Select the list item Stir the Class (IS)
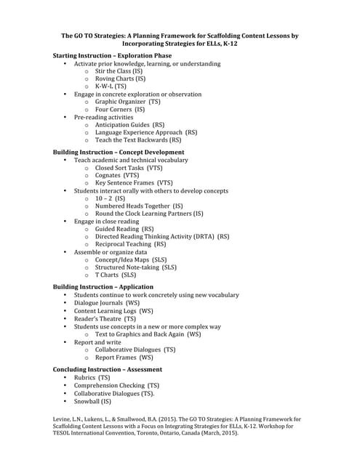[x=119, y=71]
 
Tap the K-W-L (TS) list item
[x=111, y=86]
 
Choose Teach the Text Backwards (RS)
[x=138, y=140]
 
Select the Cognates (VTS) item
[x=117, y=175]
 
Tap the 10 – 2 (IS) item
[x=110, y=198]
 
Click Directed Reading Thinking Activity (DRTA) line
[x=161, y=237]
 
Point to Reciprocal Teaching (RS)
[x=130, y=245]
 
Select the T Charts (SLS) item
[x=116, y=275]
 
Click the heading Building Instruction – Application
[x=103, y=287]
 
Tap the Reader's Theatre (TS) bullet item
[x=105, y=318]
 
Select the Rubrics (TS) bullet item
[x=92, y=378]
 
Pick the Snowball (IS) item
[x=92, y=401]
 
